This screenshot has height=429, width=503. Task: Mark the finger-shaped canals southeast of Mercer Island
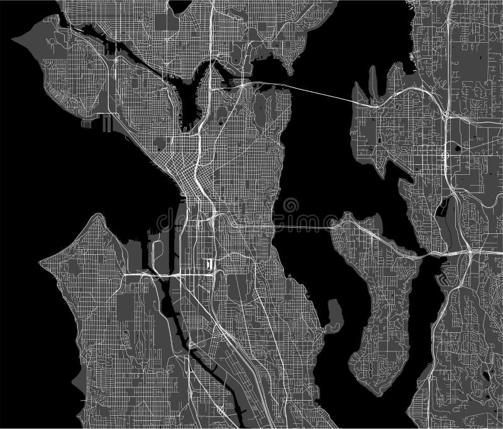[446, 274]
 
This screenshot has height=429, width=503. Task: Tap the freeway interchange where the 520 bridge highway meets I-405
[445, 117]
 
